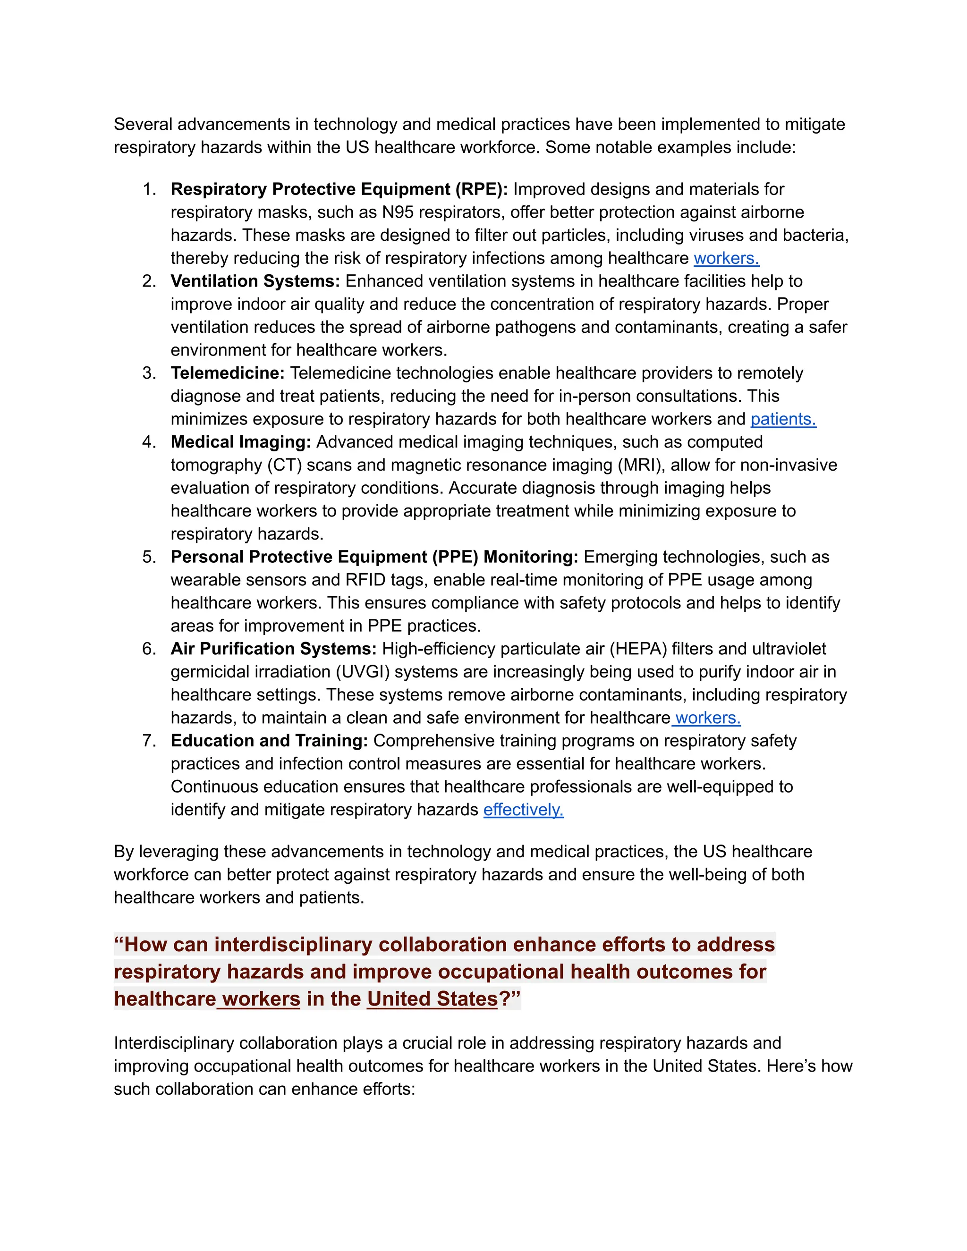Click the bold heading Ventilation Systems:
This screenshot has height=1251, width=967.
255,281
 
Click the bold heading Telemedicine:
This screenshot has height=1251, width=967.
228,373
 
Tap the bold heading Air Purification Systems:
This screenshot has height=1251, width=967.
273,649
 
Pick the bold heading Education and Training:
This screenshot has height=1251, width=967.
269,741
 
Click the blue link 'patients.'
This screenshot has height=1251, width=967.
783,419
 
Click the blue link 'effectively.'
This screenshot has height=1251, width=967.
523,810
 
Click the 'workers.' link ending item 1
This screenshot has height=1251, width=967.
726,258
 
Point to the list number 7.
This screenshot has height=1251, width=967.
149,741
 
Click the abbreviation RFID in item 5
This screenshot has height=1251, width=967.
365,580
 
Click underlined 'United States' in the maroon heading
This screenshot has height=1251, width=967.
433,999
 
